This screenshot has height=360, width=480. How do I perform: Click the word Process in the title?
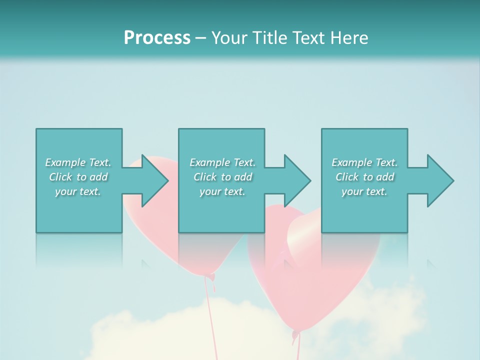157,38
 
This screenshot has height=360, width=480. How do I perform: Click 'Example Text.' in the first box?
78,162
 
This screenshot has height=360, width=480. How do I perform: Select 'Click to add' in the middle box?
222,177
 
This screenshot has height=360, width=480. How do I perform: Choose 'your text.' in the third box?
364,191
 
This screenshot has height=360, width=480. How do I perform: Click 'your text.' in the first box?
78,191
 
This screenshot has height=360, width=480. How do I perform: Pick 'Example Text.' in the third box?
364,162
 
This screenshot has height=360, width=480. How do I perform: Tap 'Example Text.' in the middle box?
222,162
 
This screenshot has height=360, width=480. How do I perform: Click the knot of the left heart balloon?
211,276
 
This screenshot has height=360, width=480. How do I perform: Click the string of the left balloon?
210,320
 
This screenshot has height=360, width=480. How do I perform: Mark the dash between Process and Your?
200,38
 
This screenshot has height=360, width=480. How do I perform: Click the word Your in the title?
229,38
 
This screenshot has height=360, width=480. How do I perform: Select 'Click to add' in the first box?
78,177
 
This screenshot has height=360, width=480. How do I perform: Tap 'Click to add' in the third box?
364,177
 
